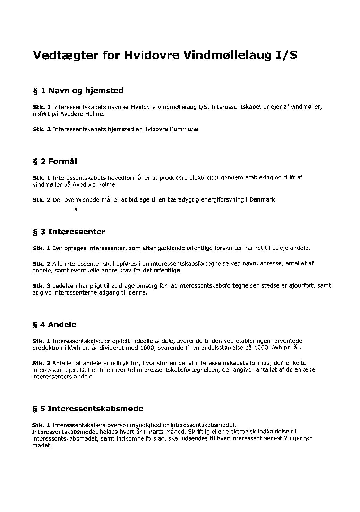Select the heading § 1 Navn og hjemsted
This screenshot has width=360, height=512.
78,91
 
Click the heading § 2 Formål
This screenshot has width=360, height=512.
54,161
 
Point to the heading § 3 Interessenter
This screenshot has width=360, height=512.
69,232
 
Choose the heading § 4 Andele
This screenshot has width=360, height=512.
54,325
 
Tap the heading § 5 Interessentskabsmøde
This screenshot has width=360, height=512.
87,409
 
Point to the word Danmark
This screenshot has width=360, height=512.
263,200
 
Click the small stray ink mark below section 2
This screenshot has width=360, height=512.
75,209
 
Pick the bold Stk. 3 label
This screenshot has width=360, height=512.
41,285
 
